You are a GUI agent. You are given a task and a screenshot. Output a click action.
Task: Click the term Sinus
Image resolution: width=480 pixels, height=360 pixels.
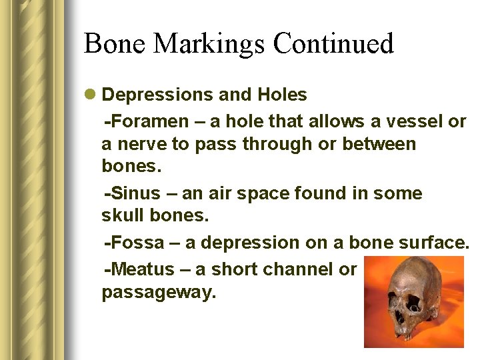pos(137,194)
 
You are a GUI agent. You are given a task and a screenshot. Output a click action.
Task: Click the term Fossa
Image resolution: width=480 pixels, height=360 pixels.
pos(139,243)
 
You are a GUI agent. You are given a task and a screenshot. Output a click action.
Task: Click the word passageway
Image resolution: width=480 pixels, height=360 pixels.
pos(159,293)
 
